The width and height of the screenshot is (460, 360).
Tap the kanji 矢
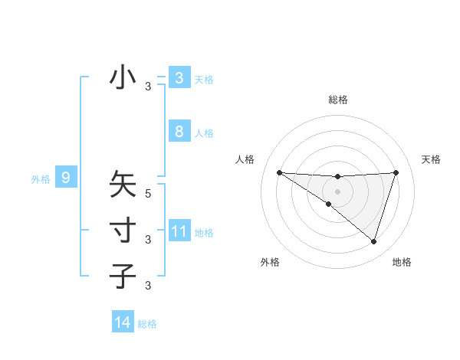point(123,185)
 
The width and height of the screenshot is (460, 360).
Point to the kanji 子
point(123,275)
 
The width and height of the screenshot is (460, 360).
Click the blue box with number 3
point(179,78)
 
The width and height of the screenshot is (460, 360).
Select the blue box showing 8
point(179,132)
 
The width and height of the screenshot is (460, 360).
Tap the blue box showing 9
point(66,178)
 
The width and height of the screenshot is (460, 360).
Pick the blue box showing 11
point(179,231)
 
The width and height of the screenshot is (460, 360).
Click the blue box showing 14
point(123,323)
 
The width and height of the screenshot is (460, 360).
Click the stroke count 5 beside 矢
point(148,194)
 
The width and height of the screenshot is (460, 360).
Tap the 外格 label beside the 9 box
point(41,179)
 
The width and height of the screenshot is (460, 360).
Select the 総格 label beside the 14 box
point(147,324)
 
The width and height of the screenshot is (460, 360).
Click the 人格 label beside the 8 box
point(204,133)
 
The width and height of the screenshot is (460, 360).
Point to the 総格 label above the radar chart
point(338,100)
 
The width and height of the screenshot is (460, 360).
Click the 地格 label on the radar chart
point(402,262)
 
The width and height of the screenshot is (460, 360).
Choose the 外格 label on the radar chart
point(270,262)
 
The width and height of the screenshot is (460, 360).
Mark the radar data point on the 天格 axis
point(396,172)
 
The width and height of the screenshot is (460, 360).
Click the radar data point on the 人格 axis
point(279,172)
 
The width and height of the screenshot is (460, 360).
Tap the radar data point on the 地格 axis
point(373,241)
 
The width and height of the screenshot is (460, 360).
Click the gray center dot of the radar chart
point(337,191)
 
